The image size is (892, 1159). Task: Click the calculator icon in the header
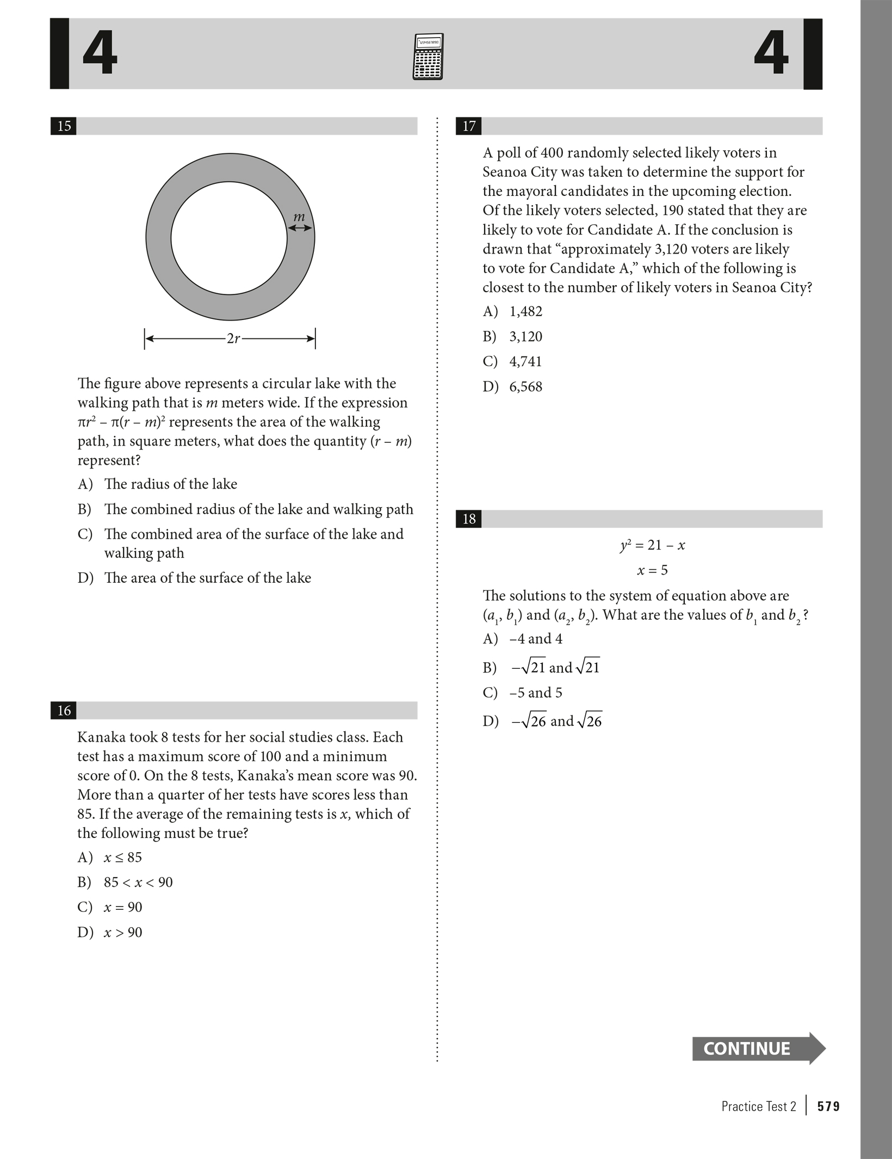[x=428, y=57]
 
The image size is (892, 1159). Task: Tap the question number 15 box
[x=64, y=126]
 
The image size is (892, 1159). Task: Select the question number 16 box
[x=64, y=711]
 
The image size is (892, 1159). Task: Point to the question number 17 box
[x=469, y=126]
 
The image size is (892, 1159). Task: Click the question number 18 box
[x=469, y=519]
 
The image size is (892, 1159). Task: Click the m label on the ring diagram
[x=299, y=217]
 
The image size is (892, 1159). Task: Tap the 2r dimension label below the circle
[x=233, y=338]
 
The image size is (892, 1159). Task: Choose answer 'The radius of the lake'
[x=170, y=484]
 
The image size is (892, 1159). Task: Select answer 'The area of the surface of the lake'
[x=207, y=577]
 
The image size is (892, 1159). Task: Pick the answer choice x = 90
[x=123, y=907]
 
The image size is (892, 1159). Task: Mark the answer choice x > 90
[x=123, y=932]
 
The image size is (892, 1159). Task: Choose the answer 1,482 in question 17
[x=525, y=311]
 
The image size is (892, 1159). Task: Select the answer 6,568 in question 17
[x=525, y=387]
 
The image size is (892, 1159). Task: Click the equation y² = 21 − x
[x=652, y=545]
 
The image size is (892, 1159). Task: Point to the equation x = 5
[x=652, y=570]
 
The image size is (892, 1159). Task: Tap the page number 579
[x=828, y=1106]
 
